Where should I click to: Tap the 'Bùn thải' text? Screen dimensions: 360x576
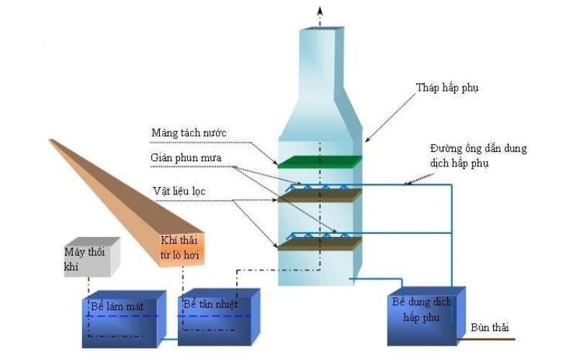point(487,328)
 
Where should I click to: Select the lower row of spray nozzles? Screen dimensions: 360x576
point(317,236)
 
